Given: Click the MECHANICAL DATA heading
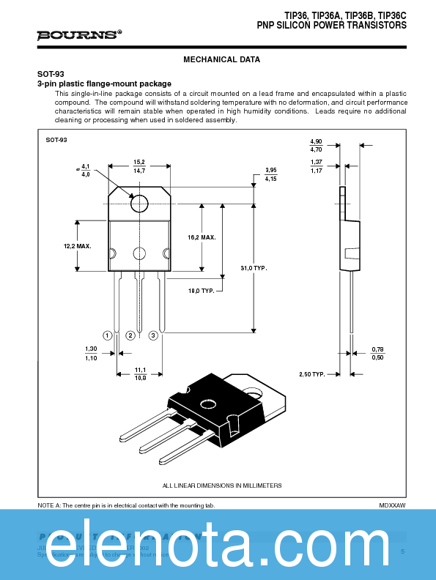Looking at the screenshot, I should [x=221, y=59].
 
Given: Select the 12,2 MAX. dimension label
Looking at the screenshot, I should [x=77, y=246].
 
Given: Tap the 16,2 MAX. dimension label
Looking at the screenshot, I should [x=202, y=237].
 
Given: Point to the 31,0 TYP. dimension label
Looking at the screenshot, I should [x=254, y=268].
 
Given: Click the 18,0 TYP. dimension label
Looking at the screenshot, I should [x=202, y=291].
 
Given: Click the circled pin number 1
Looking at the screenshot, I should [x=107, y=335].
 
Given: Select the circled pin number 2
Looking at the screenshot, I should [x=130, y=335].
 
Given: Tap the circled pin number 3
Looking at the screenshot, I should [x=153, y=335].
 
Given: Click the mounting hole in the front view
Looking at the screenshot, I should [x=138, y=201].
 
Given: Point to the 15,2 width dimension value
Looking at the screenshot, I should [x=139, y=162].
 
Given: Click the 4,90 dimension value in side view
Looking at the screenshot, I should [x=316, y=141].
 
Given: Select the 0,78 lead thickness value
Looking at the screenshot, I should [x=377, y=349].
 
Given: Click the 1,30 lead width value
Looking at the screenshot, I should [x=91, y=349].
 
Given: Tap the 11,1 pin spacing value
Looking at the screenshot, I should [x=139, y=370].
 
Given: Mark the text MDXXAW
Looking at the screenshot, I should [x=392, y=505].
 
